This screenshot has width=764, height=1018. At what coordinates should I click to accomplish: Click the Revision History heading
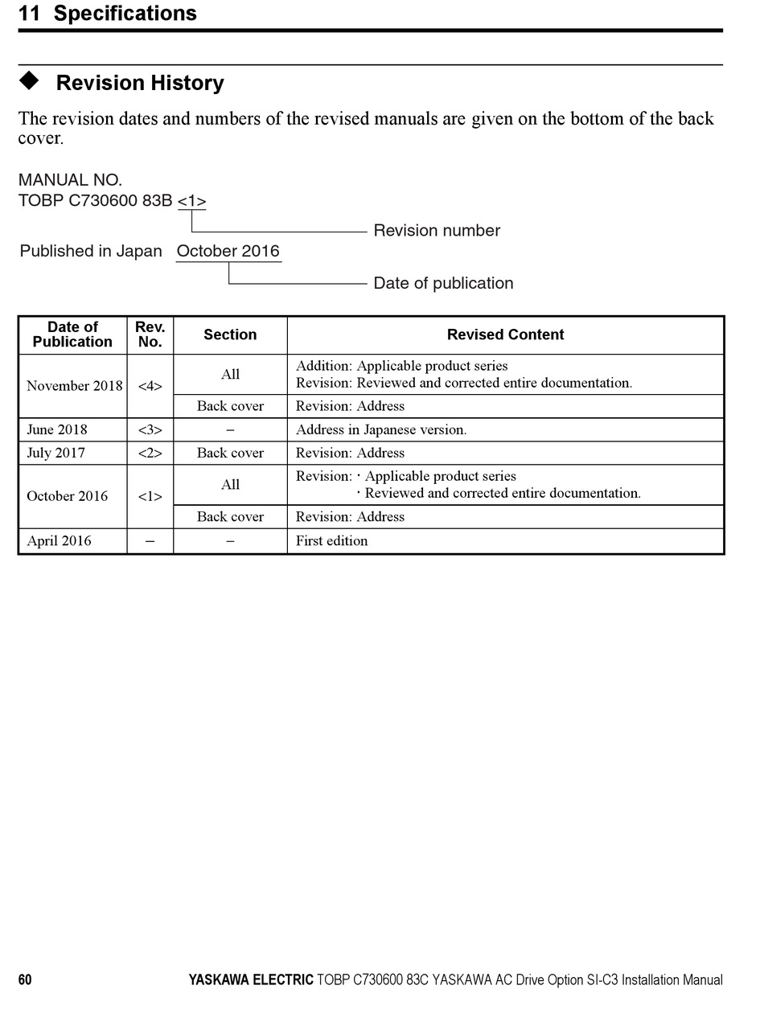pos(140,83)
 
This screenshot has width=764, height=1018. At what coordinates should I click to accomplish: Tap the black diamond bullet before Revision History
pos(29,80)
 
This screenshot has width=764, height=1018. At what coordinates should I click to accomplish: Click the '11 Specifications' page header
pos(107,14)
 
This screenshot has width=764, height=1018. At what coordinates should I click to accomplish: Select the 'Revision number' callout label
pos(437,231)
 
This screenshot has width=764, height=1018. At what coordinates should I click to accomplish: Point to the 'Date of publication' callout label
pos(443,283)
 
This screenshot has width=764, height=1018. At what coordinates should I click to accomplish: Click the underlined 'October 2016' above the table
pos(228,251)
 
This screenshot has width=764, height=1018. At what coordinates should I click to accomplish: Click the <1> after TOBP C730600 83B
pos(191,201)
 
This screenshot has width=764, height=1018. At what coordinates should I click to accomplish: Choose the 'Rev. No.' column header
pos(150,335)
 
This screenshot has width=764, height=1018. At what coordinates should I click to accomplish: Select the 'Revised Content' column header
pos(505,335)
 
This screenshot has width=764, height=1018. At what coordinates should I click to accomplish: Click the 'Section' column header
pos(230,335)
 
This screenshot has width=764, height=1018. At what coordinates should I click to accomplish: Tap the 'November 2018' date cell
pos(74,386)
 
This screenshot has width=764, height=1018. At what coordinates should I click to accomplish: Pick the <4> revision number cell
pos(150,386)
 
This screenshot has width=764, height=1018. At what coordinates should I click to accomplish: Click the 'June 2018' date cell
pos(57,429)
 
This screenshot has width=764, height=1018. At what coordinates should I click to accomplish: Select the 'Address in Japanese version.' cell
pos(381,429)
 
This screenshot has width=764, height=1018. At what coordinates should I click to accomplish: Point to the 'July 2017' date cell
pos(55,453)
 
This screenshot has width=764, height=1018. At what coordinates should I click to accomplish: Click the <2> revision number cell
pos(150,453)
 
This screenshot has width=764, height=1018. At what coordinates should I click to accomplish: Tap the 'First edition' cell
pos(331,540)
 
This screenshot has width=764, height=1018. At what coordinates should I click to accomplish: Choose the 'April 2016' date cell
pos(59,540)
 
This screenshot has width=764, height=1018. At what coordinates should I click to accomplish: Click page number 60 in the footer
pos(25,979)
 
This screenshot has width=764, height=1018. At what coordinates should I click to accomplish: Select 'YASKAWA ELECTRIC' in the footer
pos(251,979)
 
